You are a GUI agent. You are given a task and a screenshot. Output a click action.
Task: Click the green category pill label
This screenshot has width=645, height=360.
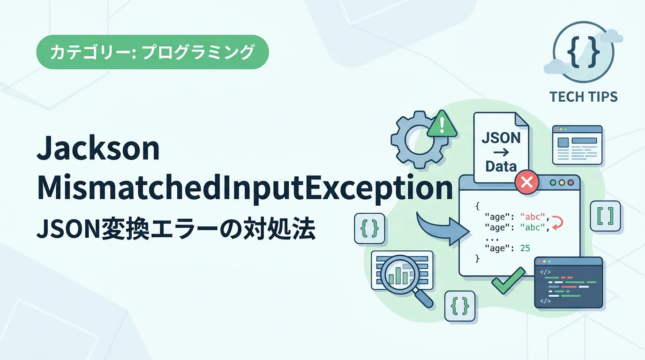153,52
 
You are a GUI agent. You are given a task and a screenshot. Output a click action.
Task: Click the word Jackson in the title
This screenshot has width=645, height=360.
98,148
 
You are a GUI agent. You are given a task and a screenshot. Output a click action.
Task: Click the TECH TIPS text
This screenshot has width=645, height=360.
584,97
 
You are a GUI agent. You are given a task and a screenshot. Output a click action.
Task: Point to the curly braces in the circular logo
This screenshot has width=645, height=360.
584,52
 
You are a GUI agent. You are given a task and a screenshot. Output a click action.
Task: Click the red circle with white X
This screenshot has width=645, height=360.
527,182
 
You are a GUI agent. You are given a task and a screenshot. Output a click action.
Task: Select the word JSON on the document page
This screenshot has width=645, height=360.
501,138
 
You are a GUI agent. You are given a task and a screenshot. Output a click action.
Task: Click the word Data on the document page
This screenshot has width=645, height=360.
501,166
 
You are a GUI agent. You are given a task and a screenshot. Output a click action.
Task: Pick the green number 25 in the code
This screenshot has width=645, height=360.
525,248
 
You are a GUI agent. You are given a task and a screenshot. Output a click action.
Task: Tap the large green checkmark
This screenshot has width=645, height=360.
508,280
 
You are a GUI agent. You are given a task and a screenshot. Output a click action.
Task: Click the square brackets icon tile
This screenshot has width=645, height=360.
605,216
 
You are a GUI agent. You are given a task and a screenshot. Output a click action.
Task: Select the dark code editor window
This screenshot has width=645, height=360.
569,283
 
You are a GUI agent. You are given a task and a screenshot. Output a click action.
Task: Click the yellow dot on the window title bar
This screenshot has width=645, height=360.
562,183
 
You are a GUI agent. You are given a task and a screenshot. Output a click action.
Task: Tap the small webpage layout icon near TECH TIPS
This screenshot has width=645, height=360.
577,145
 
